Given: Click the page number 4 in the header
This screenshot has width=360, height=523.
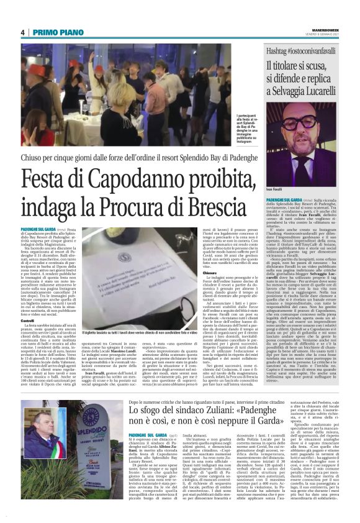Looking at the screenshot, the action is coord(22,32).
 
